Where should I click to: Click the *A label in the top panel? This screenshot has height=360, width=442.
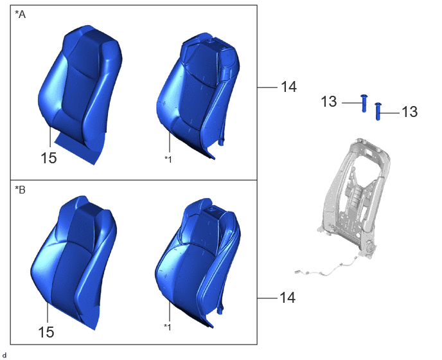(20, 14)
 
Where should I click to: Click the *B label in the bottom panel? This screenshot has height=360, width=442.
(20, 190)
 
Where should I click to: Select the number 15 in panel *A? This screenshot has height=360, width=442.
(49, 158)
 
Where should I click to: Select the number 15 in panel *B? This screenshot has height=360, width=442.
(46, 332)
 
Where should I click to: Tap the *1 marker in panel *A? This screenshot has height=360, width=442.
(168, 159)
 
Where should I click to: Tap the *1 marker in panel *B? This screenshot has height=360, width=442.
(168, 327)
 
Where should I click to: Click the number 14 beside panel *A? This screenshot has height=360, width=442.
(289, 87)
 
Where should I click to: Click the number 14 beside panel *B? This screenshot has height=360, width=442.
(288, 298)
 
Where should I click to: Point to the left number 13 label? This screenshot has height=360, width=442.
(329, 102)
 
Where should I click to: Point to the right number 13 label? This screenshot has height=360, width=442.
(410, 112)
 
